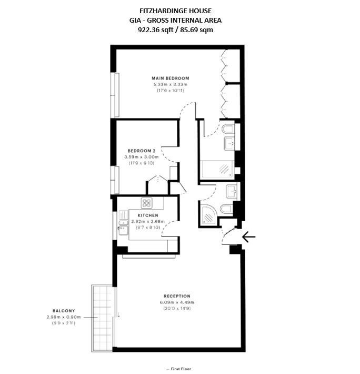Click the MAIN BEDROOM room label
click(171, 78)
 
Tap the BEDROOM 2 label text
click(142, 151)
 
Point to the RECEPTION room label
click(177, 296)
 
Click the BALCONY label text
click(64, 311)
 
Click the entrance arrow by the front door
click(249, 237)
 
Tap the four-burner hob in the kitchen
click(146, 203)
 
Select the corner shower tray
click(209, 215)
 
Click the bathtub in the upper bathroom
click(217, 169)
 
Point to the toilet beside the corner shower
click(226, 209)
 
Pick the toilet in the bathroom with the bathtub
click(228, 129)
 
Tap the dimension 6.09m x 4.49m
click(177, 302)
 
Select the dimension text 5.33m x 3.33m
click(171, 84)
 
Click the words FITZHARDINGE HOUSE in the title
click(176, 11)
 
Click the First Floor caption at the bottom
click(179, 369)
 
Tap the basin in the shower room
click(232, 191)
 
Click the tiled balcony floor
click(103, 318)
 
